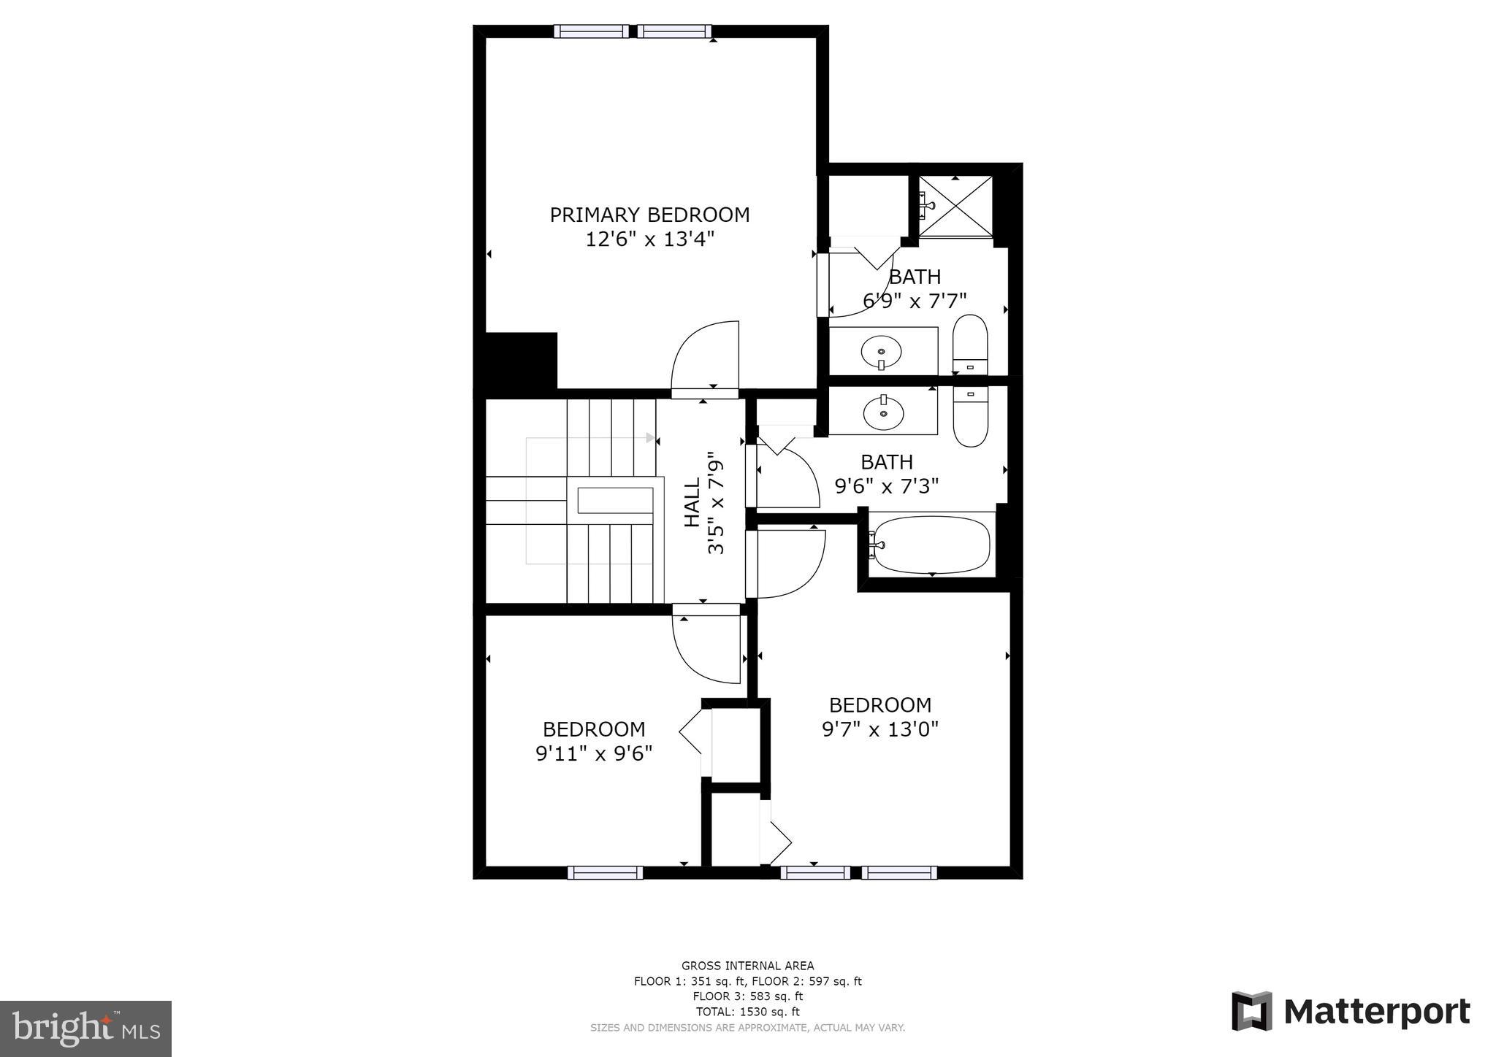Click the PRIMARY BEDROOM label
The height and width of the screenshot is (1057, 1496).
pos(649,215)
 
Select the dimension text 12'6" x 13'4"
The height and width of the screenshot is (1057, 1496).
pos(649,239)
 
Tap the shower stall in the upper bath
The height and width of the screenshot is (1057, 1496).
pos(955,207)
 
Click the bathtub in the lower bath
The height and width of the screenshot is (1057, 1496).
pos(931,544)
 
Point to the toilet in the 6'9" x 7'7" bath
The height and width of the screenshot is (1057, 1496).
pos(970,345)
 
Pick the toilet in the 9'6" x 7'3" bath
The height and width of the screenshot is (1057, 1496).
pos(970,416)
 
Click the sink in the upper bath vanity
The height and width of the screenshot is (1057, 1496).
pos(882,353)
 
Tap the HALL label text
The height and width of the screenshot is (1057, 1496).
pos(692,501)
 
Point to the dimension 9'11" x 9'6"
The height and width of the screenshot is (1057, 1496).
pos(594,753)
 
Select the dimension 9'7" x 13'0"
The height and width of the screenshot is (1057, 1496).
pos(879,729)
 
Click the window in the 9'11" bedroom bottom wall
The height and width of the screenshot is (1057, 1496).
pos(605,872)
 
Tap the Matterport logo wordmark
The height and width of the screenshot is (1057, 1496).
pos(1376,1012)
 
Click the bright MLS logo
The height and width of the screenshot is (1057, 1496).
pos(86,1029)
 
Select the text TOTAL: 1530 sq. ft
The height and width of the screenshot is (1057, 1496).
pos(747,1012)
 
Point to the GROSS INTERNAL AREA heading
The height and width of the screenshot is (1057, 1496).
pos(747,966)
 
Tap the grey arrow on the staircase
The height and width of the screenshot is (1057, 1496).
pos(650,438)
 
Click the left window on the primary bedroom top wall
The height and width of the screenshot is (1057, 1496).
pos(591,31)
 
